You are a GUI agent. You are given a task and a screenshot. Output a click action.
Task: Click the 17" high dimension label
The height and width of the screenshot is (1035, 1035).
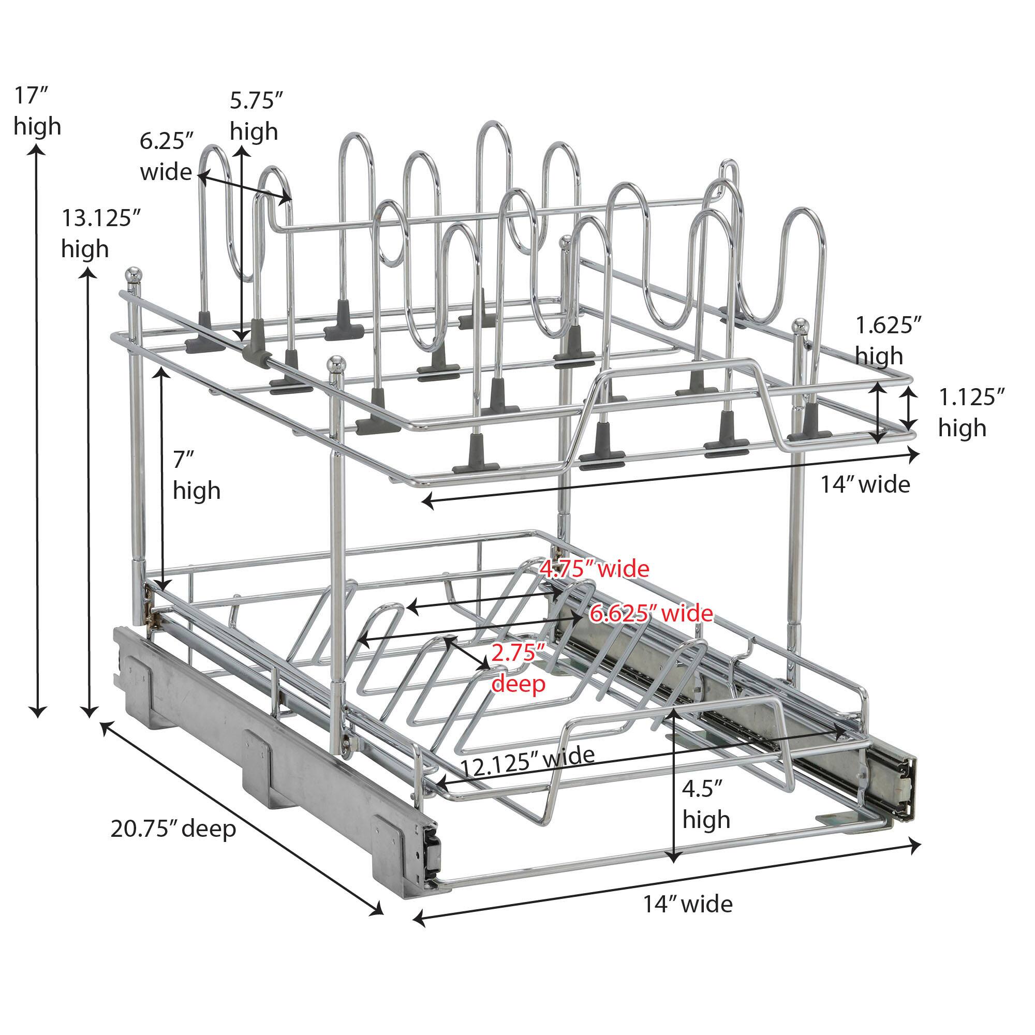pos(37,111)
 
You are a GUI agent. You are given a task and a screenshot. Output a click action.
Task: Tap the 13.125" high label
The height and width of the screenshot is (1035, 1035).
pos(101,233)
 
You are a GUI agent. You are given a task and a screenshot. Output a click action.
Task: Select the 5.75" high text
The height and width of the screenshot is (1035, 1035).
pos(256,116)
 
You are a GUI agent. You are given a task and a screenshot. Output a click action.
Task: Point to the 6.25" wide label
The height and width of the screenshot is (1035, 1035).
pos(166,157)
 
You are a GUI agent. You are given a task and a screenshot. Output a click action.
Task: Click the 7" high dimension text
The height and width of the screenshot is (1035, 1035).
pos(196,475)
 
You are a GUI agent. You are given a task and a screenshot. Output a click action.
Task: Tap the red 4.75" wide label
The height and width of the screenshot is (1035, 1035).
pos(594,569)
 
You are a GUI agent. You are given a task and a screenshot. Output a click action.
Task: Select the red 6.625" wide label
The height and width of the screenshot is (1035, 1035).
pos(652,613)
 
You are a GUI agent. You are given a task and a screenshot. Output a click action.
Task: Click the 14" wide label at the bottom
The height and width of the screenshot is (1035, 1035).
pos(688,920)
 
